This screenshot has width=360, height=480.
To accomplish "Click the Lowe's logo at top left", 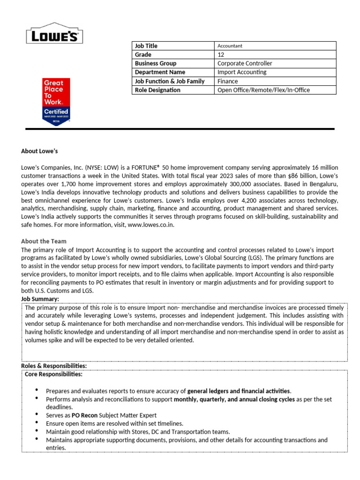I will tap(54, 34).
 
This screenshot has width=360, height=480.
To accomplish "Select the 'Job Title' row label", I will tap(146, 46).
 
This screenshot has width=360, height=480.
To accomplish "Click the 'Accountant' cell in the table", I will tap(230, 46).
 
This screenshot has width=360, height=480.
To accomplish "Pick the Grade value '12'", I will tap(221, 55).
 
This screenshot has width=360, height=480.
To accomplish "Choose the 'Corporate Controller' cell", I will tap(245, 63).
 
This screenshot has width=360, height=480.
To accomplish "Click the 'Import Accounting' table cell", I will tap(242, 72).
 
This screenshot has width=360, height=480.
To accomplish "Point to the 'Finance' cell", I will tap(227, 81).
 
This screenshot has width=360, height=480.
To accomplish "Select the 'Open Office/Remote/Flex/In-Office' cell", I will tap(263, 90).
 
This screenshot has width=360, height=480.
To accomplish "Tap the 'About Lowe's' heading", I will tap(39, 151).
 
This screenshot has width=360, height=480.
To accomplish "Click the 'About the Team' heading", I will tap(44, 241).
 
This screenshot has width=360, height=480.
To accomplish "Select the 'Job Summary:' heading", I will tap(40, 299).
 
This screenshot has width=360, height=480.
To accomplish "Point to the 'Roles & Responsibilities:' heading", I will tap(54, 366).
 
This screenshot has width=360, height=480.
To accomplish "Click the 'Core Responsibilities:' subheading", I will tap(53, 375).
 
